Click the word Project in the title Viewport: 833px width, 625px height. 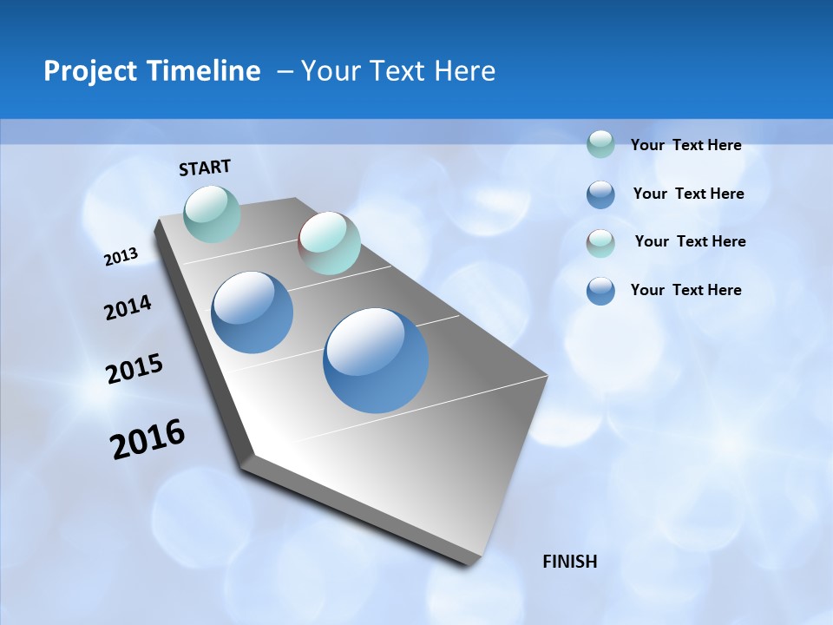[91, 71]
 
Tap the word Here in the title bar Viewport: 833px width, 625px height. [464, 71]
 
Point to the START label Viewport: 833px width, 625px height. [205, 168]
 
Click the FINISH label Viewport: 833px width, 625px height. [570, 562]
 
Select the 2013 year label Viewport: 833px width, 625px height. [121, 257]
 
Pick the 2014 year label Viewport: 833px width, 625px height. [128, 308]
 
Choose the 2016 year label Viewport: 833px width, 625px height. [148, 439]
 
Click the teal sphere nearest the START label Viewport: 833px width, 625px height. [212, 214]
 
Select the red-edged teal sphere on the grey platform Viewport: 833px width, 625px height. [329, 242]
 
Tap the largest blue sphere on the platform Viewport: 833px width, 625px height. [376, 360]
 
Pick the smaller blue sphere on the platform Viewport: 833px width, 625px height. [252, 312]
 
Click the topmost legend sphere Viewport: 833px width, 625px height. [600, 144]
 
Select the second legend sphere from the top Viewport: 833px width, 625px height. [600, 194]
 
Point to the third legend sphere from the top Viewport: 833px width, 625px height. [600, 243]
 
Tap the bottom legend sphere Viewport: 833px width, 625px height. [600, 291]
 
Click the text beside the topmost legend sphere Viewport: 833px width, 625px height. [685, 146]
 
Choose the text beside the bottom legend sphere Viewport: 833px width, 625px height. [685, 290]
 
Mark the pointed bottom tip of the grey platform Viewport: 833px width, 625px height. [469, 564]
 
